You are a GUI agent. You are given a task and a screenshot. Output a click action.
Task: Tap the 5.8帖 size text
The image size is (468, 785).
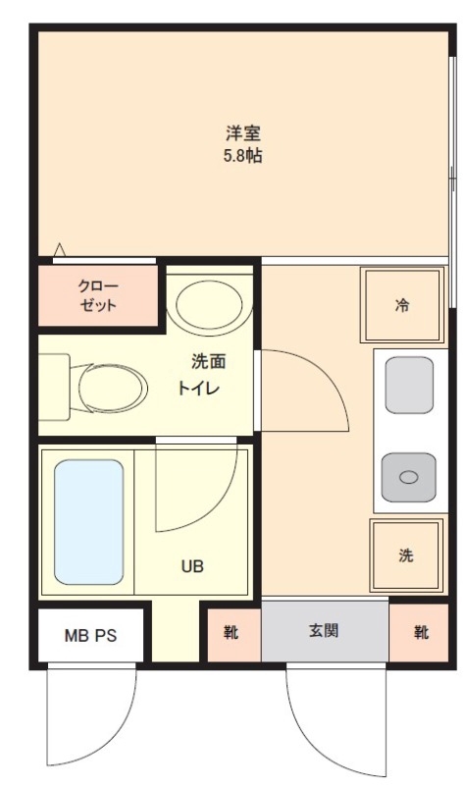[x=242, y=155]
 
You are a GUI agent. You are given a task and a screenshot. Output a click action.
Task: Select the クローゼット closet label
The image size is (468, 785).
[x=97, y=295]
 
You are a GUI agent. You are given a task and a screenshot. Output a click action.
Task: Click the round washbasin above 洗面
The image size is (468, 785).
[x=210, y=304]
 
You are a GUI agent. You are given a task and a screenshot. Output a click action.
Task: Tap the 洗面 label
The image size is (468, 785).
[x=208, y=361]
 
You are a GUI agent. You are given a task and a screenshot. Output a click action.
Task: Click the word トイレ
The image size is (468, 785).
[x=198, y=387]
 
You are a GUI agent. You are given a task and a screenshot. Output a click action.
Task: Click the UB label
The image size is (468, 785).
[x=191, y=566]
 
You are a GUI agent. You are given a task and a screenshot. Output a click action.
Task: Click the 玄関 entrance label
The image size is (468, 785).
[x=324, y=630]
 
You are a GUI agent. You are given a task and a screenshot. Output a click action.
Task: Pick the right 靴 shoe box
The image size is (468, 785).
[x=420, y=632]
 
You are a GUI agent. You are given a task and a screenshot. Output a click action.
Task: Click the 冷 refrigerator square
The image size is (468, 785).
[x=402, y=304]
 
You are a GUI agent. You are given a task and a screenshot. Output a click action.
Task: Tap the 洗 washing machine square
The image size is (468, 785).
[x=406, y=555]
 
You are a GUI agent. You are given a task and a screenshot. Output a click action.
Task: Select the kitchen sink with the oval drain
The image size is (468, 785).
[x=408, y=478]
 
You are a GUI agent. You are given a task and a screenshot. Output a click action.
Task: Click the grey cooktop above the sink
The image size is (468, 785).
[x=408, y=386]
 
